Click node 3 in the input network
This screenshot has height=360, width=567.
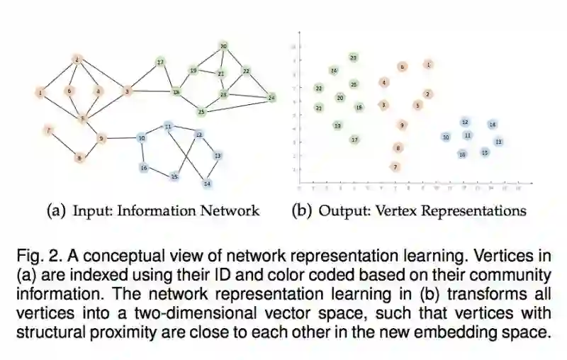[x=128, y=91]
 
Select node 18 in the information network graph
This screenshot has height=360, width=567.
[x=176, y=92]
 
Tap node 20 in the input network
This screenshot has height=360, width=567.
[x=223, y=47]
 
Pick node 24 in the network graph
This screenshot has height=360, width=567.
[x=271, y=98]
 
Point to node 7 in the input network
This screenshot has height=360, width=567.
[x=48, y=130]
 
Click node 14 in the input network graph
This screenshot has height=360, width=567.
[x=207, y=184]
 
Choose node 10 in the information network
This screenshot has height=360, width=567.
[x=142, y=138]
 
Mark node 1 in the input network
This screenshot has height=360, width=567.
[x=41, y=92]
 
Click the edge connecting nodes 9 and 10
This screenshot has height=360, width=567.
[x=121, y=138]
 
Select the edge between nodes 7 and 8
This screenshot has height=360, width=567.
[x=64, y=144]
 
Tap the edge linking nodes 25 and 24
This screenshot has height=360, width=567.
[x=236, y=104]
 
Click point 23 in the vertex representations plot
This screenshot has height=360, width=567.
[x=354, y=57]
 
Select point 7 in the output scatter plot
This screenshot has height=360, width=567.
[x=395, y=167]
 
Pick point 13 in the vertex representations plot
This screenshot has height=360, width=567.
[x=499, y=142]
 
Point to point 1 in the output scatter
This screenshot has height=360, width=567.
[x=428, y=64]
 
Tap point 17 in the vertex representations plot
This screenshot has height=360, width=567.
[x=354, y=140]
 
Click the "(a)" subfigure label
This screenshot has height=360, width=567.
[x=55, y=210]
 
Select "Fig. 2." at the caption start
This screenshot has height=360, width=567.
[x=33, y=254]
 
